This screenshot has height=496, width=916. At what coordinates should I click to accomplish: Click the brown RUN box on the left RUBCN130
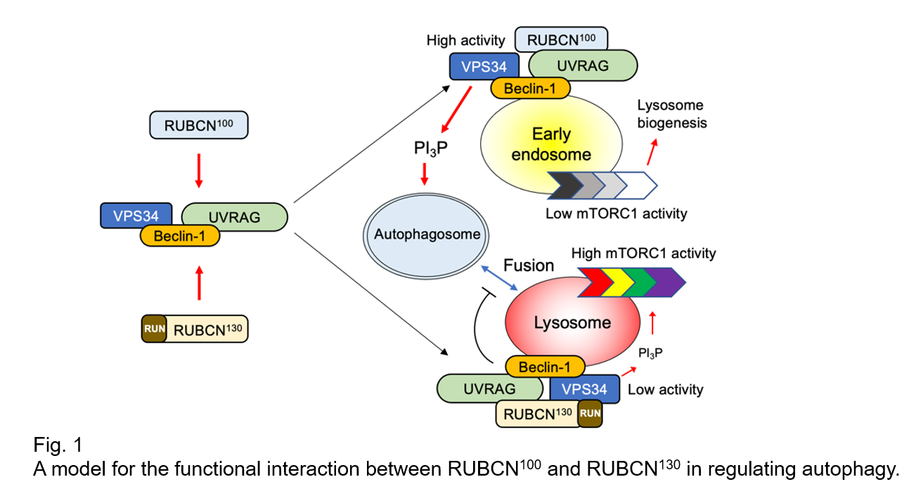(153, 328)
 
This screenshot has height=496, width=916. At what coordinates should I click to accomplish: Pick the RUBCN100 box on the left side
(198, 126)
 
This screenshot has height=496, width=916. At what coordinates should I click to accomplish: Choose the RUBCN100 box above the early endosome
(561, 39)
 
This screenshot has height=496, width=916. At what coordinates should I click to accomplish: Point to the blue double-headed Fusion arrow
(498, 280)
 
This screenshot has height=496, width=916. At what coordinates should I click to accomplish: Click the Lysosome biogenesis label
(671, 114)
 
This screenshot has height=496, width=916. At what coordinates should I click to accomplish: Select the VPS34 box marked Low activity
(584, 389)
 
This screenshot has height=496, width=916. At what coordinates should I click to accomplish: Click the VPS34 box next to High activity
(484, 67)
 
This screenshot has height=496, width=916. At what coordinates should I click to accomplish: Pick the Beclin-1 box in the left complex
(179, 236)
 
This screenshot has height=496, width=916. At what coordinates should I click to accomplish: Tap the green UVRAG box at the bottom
(489, 388)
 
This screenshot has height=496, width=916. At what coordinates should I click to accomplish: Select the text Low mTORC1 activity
(616, 214)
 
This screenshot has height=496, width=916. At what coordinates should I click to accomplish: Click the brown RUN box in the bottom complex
(590, 413)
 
